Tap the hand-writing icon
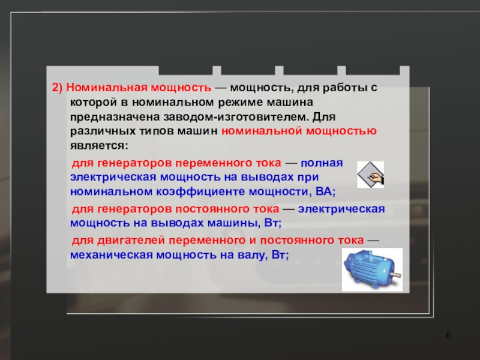(370, 175)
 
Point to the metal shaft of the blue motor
(397, 274)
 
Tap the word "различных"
(98, 131)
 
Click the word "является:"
(98, 145)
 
